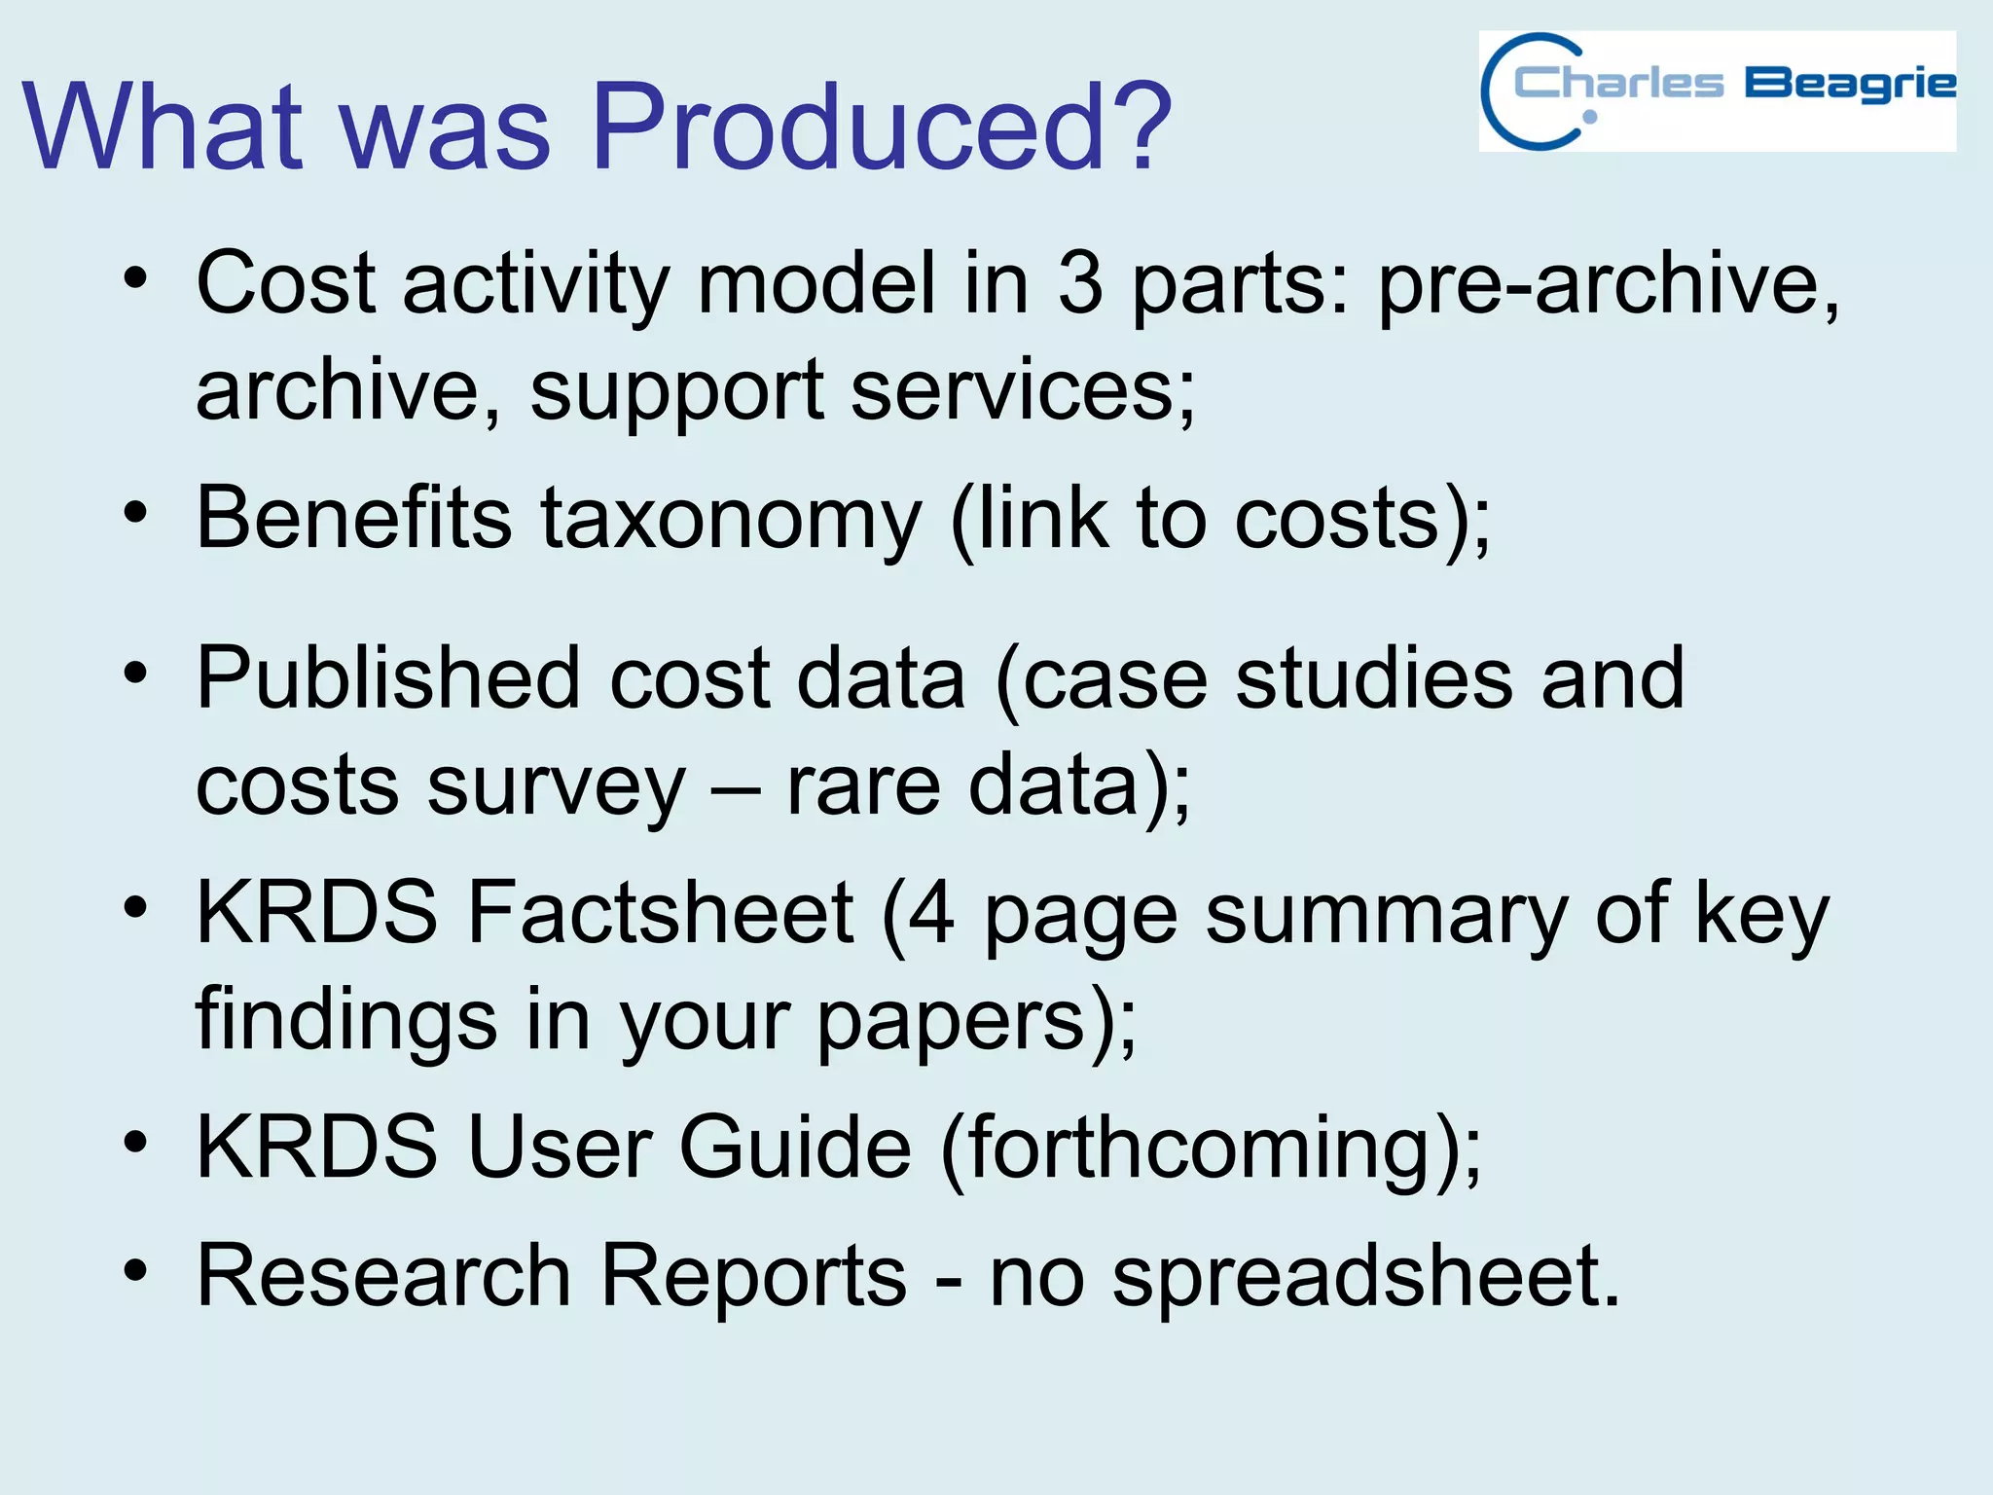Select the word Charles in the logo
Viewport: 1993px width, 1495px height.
coord(1618,84)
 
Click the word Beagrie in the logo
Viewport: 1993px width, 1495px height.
coord(1849,86)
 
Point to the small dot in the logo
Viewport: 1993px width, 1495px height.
coord(1589,117)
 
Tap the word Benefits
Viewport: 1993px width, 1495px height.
coord(354,518)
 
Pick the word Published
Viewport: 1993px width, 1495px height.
coord(388,678)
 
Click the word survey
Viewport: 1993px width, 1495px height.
coord(556,786)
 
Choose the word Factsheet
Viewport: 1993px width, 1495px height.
coord(661,912)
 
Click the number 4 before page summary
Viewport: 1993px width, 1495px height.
coord(931,912)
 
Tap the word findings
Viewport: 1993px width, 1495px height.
coord(346,1020)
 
